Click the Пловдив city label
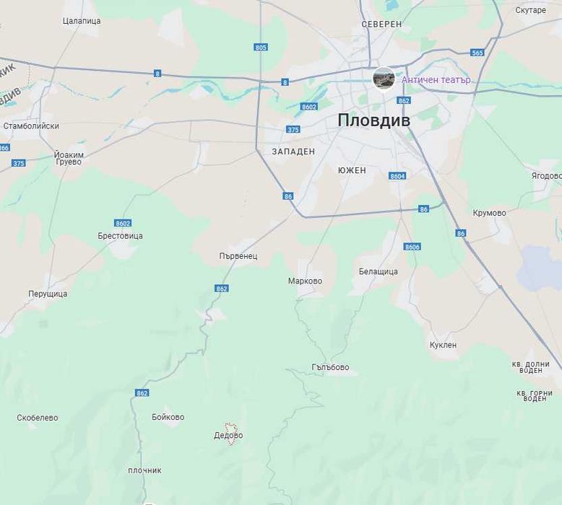pos(373,120)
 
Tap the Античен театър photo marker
pos(384,79)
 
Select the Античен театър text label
pos(436,80)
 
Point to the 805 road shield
pos(261,48)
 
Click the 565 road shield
pos(477,53)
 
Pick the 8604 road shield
pos(397,176)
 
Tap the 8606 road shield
pos(412,247)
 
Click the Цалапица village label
pos(82,21)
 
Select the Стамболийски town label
pos(31,126)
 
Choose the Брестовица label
pos(120,236)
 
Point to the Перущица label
pos(48,294)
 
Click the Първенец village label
pos(238,256)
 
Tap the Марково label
pos(305,281)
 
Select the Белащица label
pos(378,272)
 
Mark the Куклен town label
pos(443,345)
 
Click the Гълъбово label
pos(330,368)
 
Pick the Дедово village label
pos(228,436)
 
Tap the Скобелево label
pos(38,418)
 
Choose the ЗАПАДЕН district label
pos(293,151)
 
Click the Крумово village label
pos(489,214)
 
